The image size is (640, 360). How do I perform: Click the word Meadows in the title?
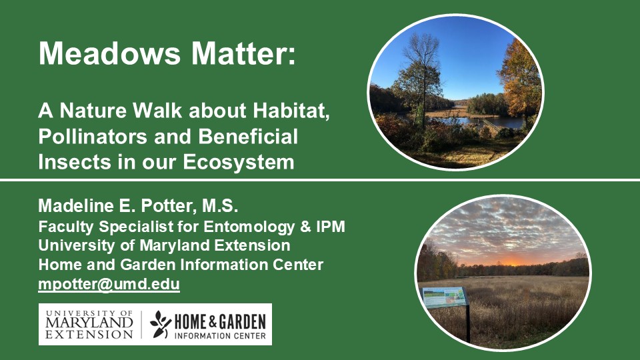109,53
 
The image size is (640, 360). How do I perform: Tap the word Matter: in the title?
243,53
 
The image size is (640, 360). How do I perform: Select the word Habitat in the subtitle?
290,111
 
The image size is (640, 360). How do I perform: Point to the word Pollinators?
93,136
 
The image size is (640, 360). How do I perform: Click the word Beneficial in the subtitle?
248,136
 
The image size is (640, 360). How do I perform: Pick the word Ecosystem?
239,162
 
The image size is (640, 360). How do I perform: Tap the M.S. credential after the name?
220,205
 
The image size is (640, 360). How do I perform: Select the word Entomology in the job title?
249,227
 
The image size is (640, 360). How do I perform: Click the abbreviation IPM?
331,227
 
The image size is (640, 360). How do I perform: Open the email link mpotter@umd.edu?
109,284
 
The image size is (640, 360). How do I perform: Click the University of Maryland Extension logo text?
89,325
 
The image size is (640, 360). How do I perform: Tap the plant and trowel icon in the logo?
161,324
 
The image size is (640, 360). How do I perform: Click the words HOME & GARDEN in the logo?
220,322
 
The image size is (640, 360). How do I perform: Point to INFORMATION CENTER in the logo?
220,336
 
